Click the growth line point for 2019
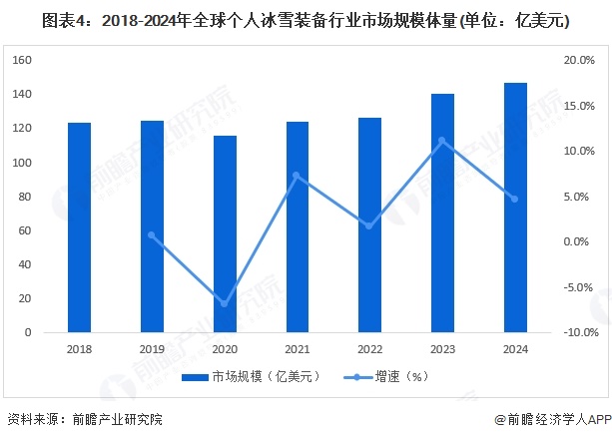pyautogui.click(x=152, y=235)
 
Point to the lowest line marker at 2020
pyautogui.click(x=225, y=303)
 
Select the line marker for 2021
pyautogui.click(x=298, y=176)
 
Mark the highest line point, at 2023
pyautogui.click(x=442, y=141)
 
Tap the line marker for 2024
pyautogui.click(x=515, y=199)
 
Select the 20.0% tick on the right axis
pyautogui.click(x=579, y=60)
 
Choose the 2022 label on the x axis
pyautogui.click(x=369, y=349)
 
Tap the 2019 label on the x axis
pyautogui.click(x=152, y=349)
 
